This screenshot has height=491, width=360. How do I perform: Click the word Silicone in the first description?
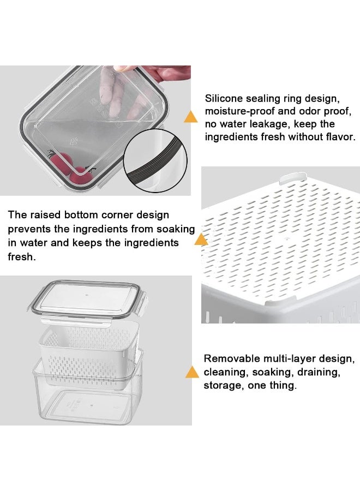[224, 98]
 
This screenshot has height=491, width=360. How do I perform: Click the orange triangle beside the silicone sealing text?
[191, 117]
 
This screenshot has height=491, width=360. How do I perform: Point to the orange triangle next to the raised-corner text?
[201, 239]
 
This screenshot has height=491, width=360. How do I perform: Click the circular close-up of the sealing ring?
[155, 160]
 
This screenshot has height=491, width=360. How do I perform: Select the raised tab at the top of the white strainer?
[292, 177]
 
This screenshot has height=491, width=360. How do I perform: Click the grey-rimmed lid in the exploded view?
[89, 300]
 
